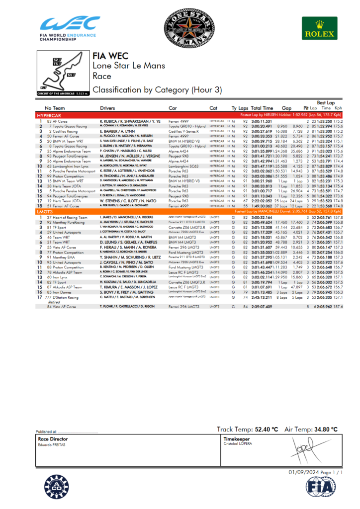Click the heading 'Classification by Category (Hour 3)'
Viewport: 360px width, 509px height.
point(145,90)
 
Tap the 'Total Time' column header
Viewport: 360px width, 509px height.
point(262,108)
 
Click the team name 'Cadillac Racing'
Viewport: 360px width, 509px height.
point(65,130)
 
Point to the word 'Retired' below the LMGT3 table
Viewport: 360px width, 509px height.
point(54,302)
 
